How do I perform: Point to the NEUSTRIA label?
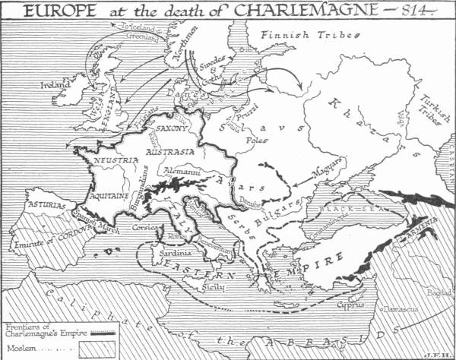[116, 160]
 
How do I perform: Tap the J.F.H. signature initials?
[435, 352]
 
